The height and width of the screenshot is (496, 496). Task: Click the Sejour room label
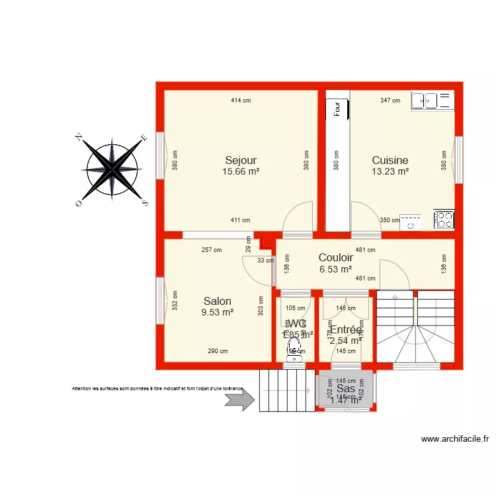[x=241, y=160]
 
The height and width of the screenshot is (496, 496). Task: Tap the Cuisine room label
[x=390, y=160]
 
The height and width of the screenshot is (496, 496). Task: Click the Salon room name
[x=218, y=301]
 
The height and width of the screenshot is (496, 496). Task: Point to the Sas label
[x=345, y=390]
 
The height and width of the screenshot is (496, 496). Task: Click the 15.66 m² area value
[x=241, y=171]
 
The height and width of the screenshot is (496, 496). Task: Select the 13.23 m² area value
[x=390, y=171]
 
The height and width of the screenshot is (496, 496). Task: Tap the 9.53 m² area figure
[x=218, y=312]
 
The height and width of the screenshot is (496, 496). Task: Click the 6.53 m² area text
[x=335, y=269]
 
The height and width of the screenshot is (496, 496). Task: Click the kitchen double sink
[x=433, y=101]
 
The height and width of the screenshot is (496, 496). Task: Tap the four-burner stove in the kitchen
[x=444, y=220]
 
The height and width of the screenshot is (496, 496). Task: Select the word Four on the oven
[x=337, y=108]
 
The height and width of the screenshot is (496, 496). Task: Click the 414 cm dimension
[x=241, y=101]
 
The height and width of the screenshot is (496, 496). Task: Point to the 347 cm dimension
[x=390, y=101]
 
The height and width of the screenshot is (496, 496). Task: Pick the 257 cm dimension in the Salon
[x=212, y=250]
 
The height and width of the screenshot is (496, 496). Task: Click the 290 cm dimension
[x=218, y=351]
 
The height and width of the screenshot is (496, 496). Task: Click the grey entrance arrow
[x=239, y=399]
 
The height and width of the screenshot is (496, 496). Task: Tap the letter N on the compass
[x=79, y=137]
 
